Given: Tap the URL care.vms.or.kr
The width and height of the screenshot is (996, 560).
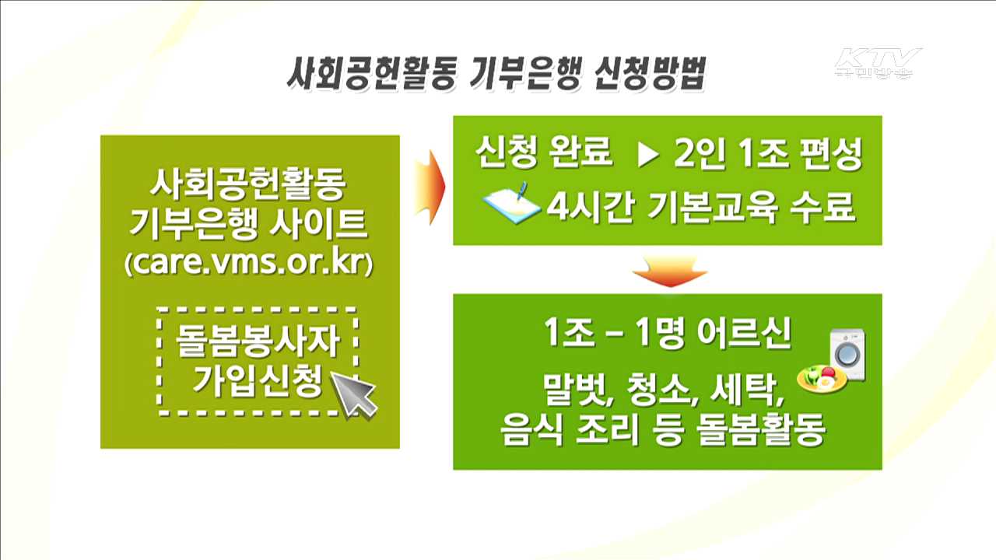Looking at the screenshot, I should [x=249, y=264].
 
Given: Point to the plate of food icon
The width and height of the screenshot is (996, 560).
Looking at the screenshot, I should [x=822, y=379].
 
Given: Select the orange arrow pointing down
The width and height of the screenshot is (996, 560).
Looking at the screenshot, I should [x=668, y=270].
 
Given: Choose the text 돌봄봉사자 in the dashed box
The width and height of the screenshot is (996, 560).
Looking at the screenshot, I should [x=258, y=341].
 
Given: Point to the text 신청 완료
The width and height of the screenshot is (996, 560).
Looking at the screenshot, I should [x=544, y=157].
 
